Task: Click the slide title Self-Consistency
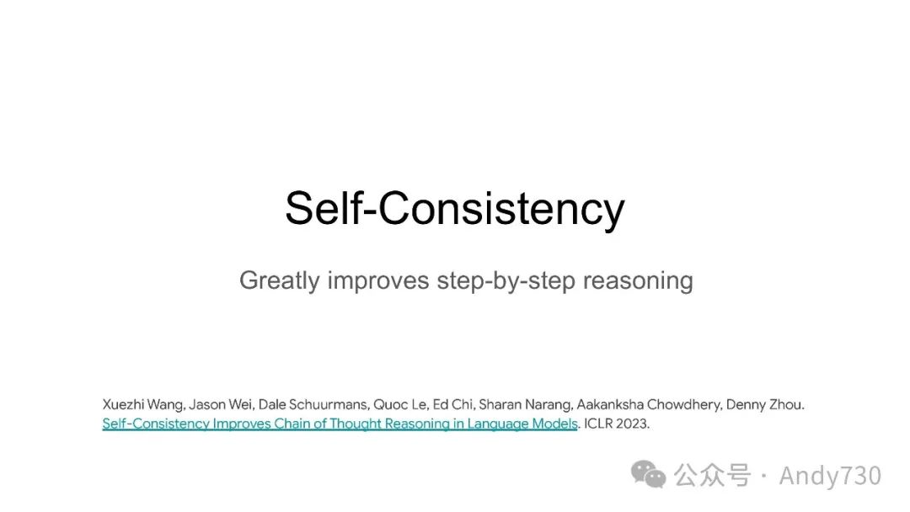pos(454,208)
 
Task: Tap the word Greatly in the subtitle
pos(279,281)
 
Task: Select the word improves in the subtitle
pos(377,281)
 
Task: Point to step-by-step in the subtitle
pos(506,281)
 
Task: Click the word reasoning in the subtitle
pos(638,281)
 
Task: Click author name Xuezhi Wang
pos(143,405)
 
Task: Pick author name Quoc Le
pos(400,405)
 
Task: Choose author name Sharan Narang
pos(525,405)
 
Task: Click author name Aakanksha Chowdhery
pos(649,405)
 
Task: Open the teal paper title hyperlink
pos(340,424)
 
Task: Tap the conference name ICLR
pos(598,424)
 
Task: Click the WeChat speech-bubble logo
pos(648,474)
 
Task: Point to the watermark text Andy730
pos(830,476)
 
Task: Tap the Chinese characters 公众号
pos(712,476)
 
